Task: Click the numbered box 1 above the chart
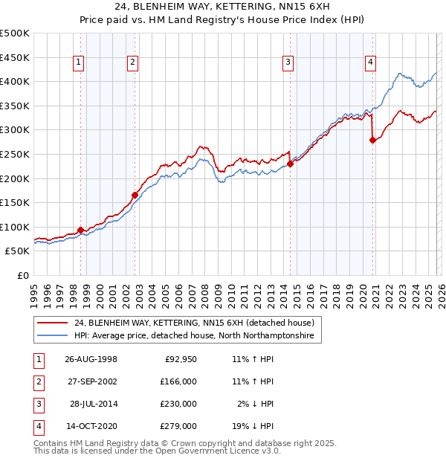point(79,62)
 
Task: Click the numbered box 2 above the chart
point(132,62)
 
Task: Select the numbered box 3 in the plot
point(287,62)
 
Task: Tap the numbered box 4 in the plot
point(369,62)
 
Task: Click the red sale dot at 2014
point(290,164)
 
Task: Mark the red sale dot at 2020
point(372,141)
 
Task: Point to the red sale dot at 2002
point(135,196)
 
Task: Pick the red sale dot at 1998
point(81,230)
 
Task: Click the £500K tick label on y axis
point(15,33)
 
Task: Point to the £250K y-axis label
point(15,154)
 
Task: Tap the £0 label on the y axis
point(24,275)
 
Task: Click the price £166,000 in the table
point(178,381)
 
